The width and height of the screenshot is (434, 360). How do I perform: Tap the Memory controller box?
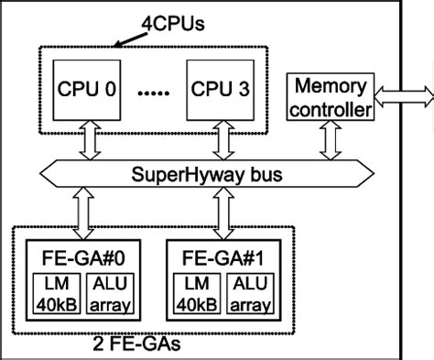(330, 97)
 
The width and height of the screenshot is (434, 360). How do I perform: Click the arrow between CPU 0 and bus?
(88, 140)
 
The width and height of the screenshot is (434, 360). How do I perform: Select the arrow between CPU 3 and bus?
(220, 140)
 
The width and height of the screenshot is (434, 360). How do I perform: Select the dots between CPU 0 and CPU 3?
(154, 92)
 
